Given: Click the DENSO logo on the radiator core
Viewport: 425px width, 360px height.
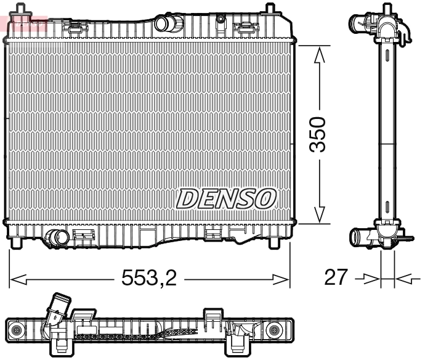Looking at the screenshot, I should (x=226, y=198).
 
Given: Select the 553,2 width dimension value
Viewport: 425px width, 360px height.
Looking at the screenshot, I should (x=148, y=279).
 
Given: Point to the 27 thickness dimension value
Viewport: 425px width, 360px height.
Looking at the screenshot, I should (x=336, y=278).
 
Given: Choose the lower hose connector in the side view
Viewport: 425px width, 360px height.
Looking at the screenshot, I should (x=360, y=236).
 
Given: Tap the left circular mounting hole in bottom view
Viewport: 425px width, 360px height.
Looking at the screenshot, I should (x=17, y=330).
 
